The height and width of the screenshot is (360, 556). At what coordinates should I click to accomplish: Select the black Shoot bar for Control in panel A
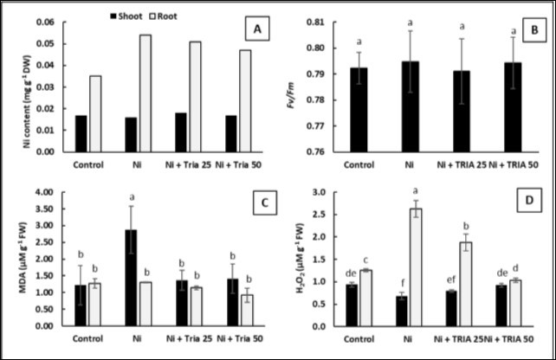point(81,133)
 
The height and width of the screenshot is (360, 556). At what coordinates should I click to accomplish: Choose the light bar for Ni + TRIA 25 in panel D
point(465,284)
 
